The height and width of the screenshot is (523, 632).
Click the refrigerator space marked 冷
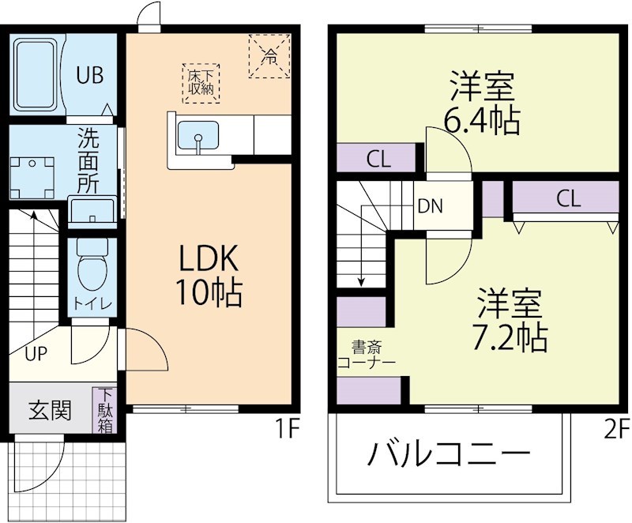(x=269, y=55)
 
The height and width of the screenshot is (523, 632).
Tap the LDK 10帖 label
(x=208, y=274)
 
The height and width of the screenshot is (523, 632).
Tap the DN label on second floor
(x=431, y=207)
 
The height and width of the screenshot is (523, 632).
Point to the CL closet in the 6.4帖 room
(x=378, y=159)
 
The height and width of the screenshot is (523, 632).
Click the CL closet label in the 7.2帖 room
(x=567, y=198)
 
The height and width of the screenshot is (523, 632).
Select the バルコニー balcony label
(x=448, y=455)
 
